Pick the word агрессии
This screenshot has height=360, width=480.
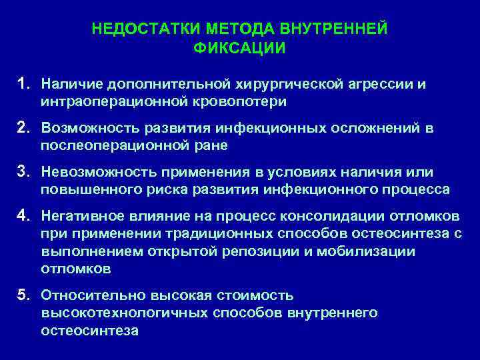click(x=380, y=85)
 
